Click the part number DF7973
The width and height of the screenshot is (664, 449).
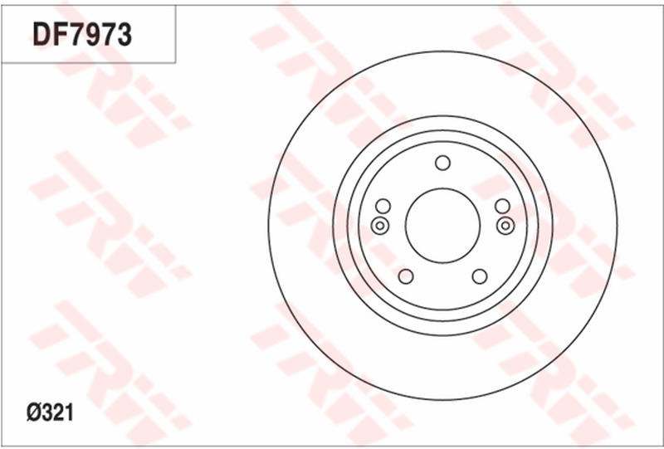[82, 34]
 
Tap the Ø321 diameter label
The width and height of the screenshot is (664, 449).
[49, 412]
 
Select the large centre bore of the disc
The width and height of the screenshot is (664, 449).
[442, 224]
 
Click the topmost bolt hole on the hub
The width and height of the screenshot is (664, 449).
[442, 163]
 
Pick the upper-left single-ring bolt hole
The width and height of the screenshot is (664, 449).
[383, 207]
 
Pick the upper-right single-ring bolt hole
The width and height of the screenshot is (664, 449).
[502, 207]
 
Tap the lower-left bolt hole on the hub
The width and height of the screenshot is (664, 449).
[406, 276]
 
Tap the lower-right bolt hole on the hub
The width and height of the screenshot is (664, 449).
[479, 276]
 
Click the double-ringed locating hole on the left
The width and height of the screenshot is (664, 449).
[379, 225]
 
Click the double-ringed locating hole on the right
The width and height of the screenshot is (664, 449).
[505, 225]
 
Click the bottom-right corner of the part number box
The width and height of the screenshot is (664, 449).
[175, 62]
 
